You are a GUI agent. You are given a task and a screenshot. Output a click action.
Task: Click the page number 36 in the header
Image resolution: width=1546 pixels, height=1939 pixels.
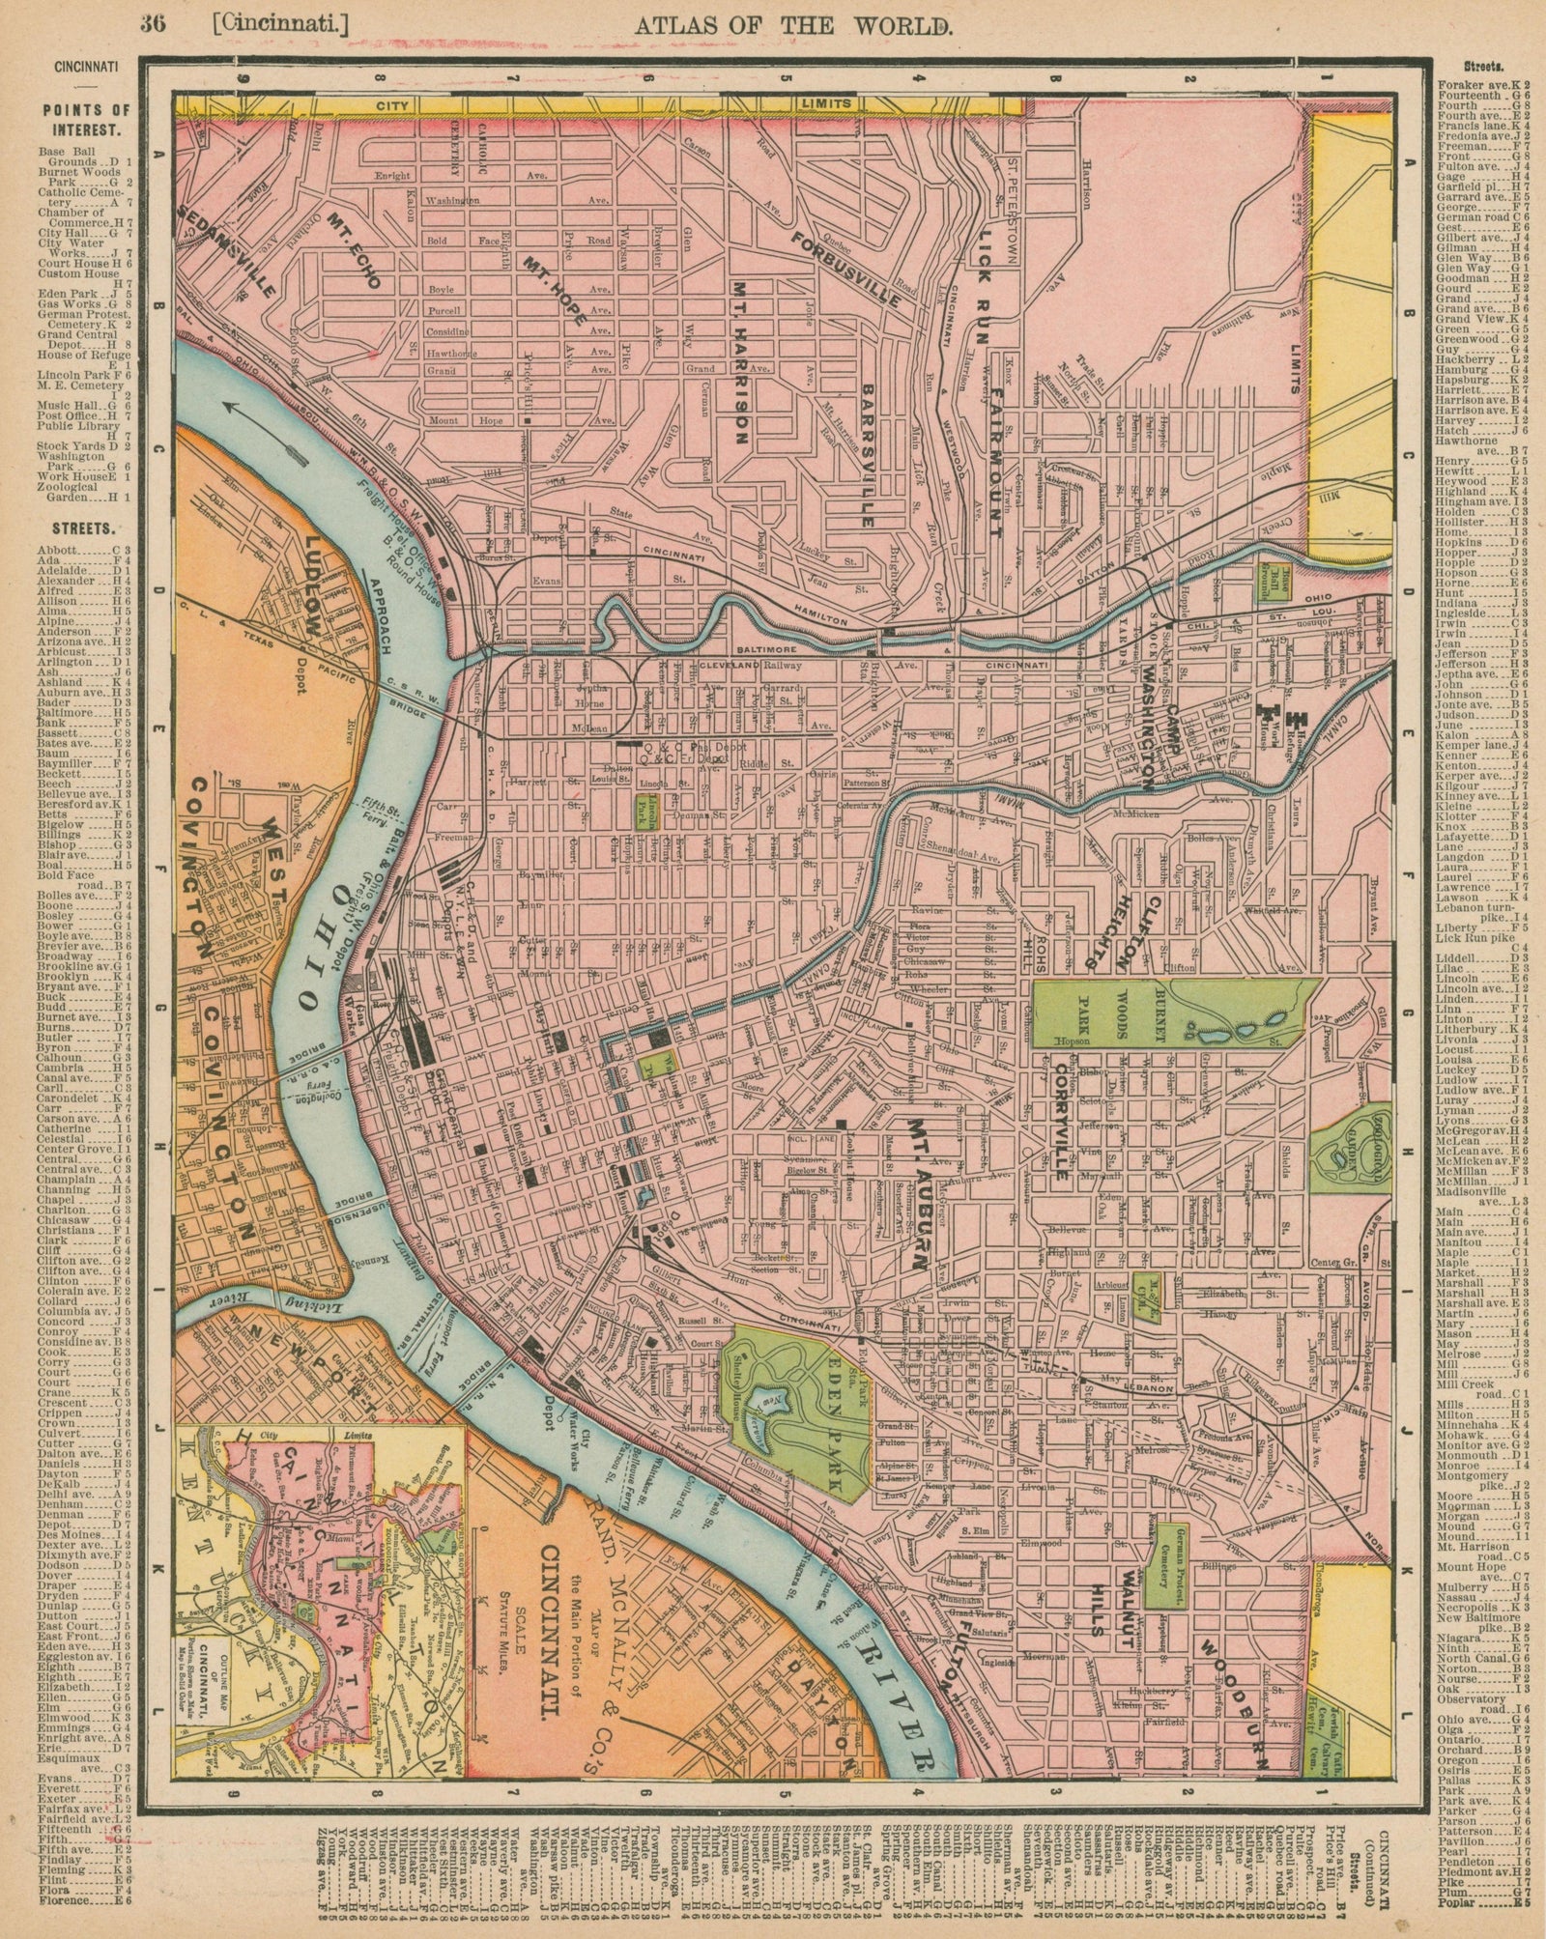pyautogui.click(x=152, y=26)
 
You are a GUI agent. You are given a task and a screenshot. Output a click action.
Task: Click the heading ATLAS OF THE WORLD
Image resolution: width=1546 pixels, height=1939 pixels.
pyautogui.click(x=794, y=26)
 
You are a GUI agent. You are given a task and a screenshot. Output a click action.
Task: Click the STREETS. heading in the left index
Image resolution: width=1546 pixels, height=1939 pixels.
pyautogui.click(x=79, y=529)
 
